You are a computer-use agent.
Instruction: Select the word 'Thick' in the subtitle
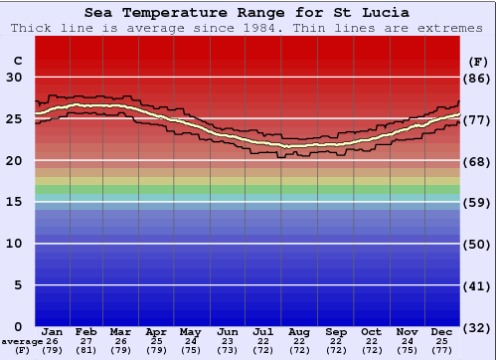[31, 28]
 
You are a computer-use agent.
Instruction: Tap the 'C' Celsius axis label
[17, 61]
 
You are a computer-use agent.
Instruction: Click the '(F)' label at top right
[477, 61]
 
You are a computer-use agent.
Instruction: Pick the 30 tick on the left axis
[15, 78]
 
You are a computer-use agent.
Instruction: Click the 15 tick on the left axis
[15, 202]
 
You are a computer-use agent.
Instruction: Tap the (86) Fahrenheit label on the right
[477, 78]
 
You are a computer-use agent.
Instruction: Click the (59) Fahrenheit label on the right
[477, 202]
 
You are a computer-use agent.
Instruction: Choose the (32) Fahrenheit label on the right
[477, 326]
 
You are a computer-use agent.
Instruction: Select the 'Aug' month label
[299, 331]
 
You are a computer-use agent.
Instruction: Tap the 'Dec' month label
[442, 331]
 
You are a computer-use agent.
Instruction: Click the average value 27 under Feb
[87, 341]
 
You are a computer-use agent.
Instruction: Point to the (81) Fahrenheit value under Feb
[87, 350]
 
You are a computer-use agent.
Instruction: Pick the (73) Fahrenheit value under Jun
[229, 350]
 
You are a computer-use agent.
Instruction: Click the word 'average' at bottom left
[21, 341]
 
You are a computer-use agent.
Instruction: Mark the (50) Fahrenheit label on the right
[477, 244]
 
